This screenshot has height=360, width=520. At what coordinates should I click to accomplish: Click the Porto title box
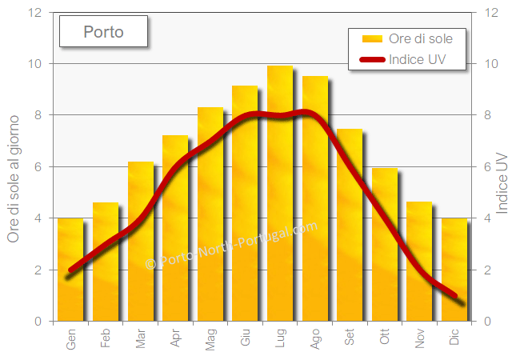tap(103, 32)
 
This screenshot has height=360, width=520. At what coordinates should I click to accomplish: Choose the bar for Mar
tap(141, 240)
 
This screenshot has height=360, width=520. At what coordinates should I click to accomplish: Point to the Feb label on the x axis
tap(106, 339)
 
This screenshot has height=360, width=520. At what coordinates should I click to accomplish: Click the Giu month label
tap(246, 339)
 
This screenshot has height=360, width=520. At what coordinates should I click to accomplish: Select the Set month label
tap(350, 339)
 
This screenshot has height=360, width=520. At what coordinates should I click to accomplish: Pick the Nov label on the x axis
tap(420, 339)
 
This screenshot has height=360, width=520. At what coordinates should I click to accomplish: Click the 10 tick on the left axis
tap(34, 63)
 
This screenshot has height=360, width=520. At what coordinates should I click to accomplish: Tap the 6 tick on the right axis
tap(487, 166)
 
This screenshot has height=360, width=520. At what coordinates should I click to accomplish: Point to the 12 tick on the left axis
tap(34, 12)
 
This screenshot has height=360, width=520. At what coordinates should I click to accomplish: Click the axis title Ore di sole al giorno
tap(13, 167)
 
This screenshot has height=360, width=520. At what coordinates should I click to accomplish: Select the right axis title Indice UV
tap(503, 183)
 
